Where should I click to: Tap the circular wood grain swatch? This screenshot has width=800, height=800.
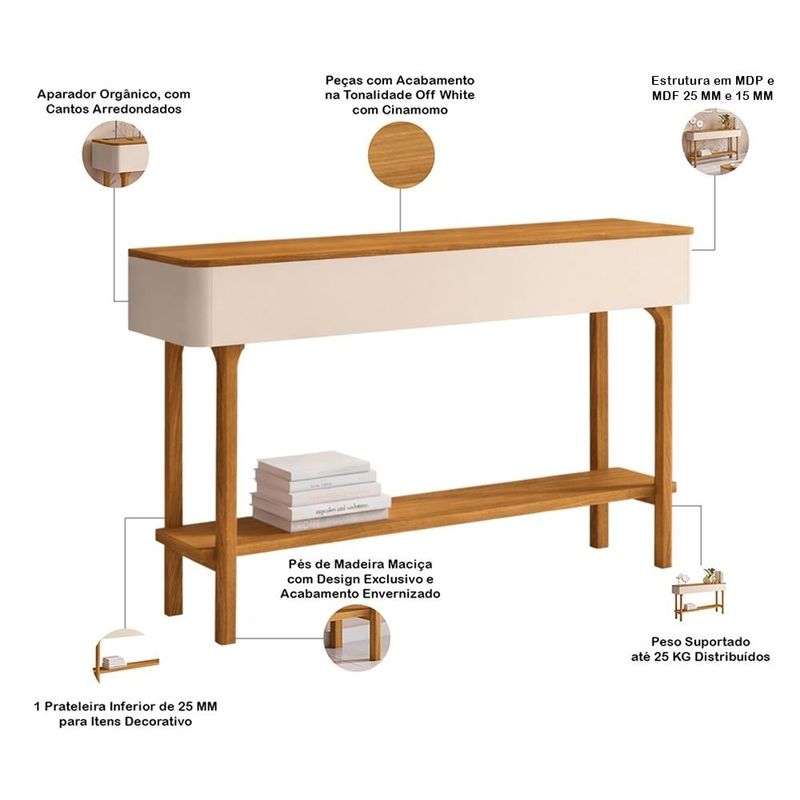coord(401,155)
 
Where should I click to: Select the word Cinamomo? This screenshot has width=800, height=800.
coord(400,110)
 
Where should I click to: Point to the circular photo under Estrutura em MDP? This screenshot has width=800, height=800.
coord(715,141)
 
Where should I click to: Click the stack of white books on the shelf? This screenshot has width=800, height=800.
coord(321,491)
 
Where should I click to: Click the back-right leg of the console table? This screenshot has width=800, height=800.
coord(598,430)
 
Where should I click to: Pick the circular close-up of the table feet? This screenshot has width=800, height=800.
coord(357,638)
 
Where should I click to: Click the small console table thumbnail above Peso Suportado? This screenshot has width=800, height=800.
coord(698,594)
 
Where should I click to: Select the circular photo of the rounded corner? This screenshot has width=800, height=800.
coord(116,154)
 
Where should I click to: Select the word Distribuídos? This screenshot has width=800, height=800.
coord(732,657)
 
